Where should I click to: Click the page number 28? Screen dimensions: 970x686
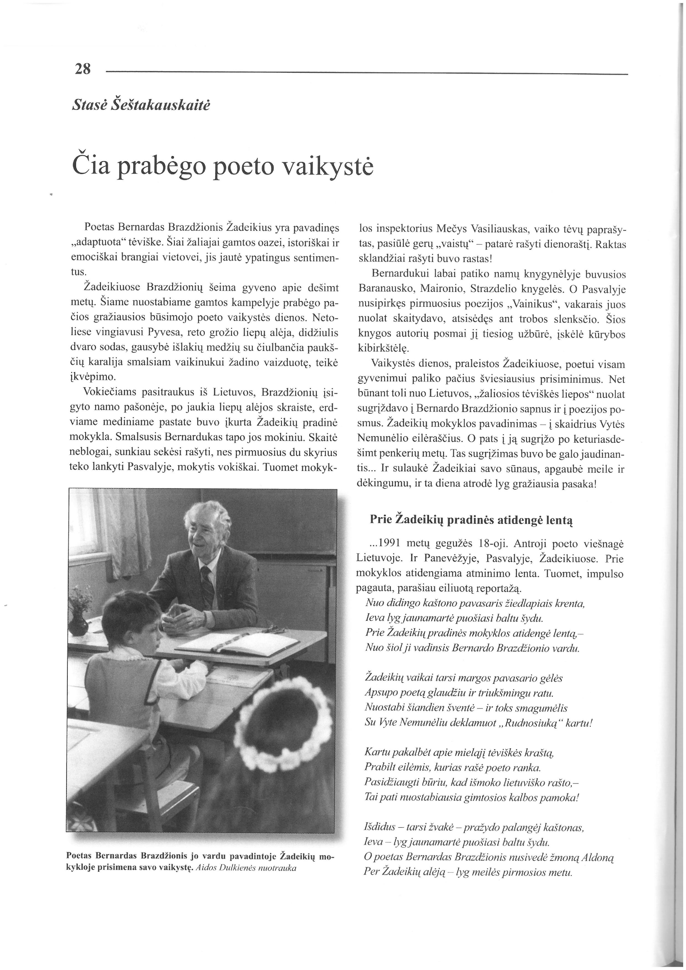(82, 69)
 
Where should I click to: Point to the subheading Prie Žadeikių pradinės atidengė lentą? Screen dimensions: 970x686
(471, 519)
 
